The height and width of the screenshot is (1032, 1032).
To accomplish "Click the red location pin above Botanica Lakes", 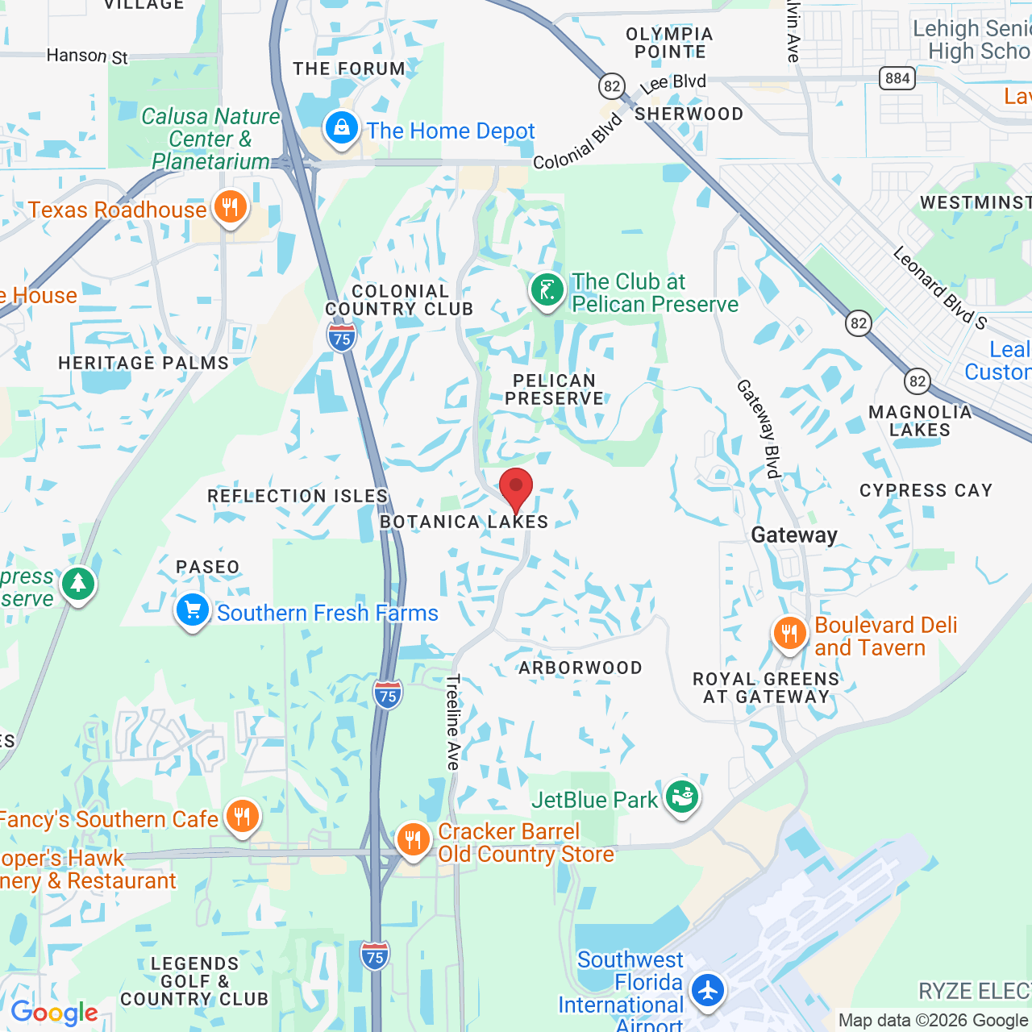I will pos(516,489).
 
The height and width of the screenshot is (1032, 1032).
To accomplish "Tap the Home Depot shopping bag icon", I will pos(342,128).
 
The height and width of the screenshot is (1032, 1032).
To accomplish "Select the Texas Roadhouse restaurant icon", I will pos(230,207).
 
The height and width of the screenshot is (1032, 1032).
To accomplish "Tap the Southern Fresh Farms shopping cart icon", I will pos(193,610).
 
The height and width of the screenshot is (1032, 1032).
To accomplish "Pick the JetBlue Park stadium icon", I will pos(682,797).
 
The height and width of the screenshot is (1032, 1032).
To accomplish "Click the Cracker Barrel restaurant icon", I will pos(413,840).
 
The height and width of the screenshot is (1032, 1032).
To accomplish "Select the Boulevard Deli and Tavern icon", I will pos(790,634).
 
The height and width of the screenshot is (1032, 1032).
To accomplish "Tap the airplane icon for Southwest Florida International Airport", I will pos(708,989).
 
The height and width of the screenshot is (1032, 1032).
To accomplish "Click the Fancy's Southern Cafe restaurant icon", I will pos(242,817).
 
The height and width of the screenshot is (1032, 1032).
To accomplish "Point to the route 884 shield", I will pos(897,78).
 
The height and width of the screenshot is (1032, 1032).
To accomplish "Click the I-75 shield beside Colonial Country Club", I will pos(342,337).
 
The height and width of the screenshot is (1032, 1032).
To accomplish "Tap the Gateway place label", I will pos(794,535).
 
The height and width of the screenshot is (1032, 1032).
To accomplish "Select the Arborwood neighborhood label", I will pos(580,668).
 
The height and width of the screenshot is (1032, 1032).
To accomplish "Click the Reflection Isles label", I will pos(298,496).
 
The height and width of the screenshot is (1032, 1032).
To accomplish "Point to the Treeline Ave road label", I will pos(453,722).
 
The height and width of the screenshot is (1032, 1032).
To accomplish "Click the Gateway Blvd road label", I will pos(759,429).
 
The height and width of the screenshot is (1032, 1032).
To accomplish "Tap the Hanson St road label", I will pos(87,56).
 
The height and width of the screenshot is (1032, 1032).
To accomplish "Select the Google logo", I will pos(54,1013).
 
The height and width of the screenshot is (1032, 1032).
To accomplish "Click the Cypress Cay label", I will pos(926,490).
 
